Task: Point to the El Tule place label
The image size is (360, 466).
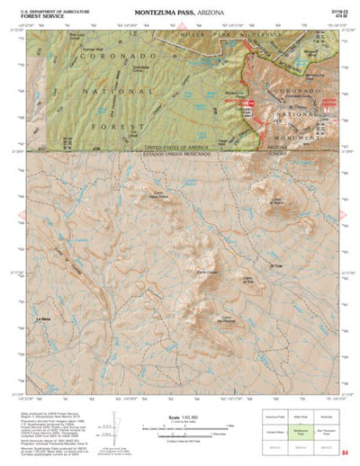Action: pos(276,266)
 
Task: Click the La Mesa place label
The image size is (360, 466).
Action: pos(43,319)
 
